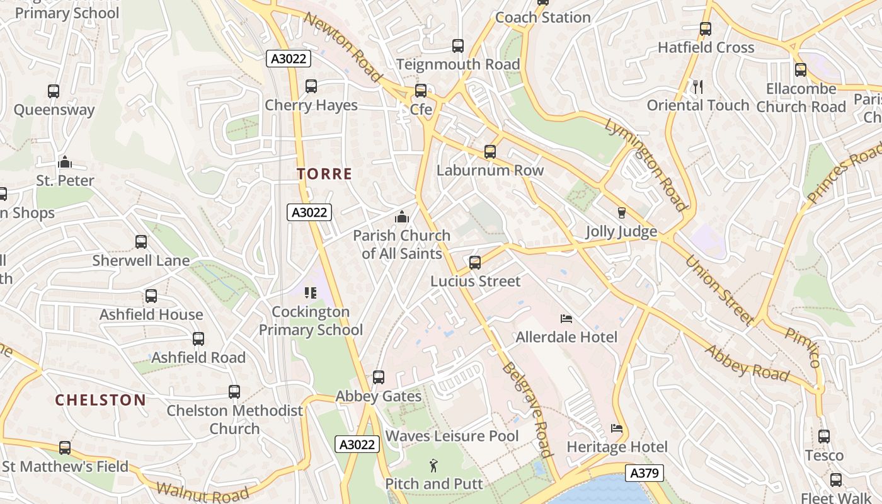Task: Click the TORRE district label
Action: (324, 175)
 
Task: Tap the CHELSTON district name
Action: (100, 400)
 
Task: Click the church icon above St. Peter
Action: (64, 163)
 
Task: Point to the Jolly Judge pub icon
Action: (622, 213)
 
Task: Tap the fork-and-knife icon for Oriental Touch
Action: (697, 87)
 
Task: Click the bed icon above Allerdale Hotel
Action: (566, 319)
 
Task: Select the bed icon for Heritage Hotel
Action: (617, 429)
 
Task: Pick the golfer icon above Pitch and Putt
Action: (433, 466)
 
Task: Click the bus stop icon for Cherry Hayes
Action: (311, 86)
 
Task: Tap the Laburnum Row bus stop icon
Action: (490, 152)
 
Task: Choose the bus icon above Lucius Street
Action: (475, 263)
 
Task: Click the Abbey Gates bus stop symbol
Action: (379, 377)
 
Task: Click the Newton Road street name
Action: (343, 46)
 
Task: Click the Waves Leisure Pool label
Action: (452, 436)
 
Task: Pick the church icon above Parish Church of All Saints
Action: (401, 217)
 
